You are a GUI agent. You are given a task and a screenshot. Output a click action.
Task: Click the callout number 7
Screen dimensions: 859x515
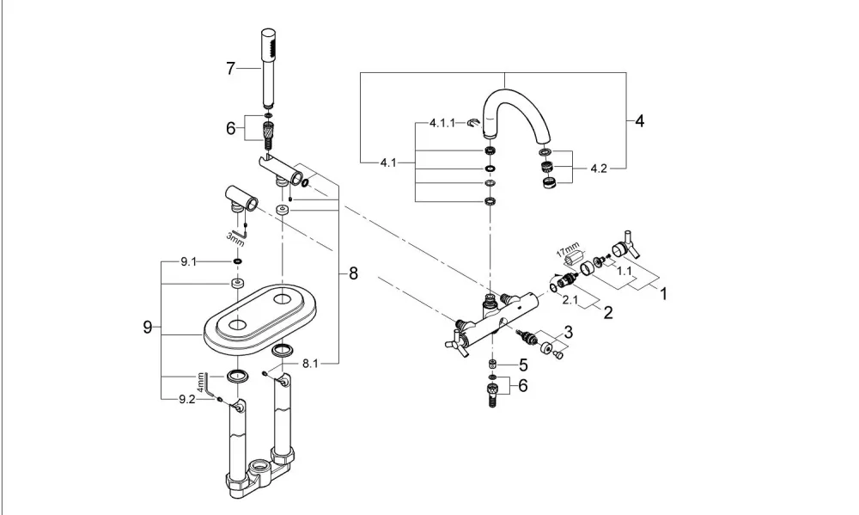(230, 69)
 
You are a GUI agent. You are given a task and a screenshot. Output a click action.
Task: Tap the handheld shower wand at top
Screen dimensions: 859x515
(268, 68)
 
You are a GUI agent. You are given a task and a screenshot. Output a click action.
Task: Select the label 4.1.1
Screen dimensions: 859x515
(442, 124)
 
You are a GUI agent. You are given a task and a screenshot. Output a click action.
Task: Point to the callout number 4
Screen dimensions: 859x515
(639, 120)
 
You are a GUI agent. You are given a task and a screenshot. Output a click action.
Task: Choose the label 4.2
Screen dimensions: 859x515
(599, 169)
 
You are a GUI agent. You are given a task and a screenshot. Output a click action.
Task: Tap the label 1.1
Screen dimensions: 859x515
(624, 270)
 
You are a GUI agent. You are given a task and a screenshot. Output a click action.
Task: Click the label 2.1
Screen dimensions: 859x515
(570, 299)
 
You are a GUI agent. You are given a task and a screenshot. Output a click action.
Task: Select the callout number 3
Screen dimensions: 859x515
(568, 332)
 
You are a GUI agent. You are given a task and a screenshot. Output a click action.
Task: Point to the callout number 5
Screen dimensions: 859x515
(523, 365)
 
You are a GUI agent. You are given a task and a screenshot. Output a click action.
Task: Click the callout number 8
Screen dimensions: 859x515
(353, 273)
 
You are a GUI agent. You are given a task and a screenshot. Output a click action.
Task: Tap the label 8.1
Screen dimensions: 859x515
(309, 363)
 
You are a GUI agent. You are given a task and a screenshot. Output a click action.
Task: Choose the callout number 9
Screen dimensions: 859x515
(148, 328)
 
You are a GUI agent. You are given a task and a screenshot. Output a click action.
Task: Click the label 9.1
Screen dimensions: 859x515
(188, 262)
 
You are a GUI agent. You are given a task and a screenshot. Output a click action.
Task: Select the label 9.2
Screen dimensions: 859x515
(186, 399)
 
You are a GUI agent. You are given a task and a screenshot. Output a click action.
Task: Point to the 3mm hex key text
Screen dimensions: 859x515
(235, 238)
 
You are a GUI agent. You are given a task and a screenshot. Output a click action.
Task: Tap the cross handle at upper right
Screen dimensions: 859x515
(626, 244)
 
